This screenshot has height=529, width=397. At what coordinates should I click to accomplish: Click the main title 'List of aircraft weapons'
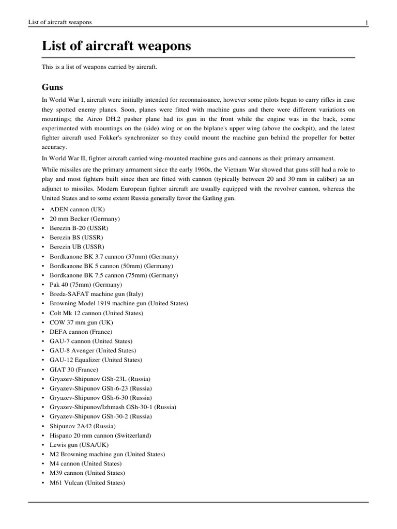click(x=116, y=46)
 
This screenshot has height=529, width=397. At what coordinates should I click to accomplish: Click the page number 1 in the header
click(x=367, y=22)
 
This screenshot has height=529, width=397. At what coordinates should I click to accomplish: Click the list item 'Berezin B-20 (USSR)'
click(x=79, y=228)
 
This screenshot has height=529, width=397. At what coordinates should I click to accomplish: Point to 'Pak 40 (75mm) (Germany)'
click(x=86, y=285)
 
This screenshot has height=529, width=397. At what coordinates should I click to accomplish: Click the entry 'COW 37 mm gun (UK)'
click(x=81, y=322)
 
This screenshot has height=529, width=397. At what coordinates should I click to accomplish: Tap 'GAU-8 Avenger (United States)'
click(x=93, y=350)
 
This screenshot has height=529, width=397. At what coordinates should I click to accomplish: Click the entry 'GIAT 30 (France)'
click(x=74, y=369)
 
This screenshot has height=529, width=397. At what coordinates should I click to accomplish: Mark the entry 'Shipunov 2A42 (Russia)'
click(x=83, y=426)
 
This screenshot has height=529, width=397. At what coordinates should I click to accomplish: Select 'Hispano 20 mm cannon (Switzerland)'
click(x=100, y=435)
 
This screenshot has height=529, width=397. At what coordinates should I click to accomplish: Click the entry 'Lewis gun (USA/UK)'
click(x=79, y=445)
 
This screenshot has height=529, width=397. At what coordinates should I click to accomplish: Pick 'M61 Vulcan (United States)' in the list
click(x=87, y=483)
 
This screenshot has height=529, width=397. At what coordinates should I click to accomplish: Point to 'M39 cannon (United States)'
click(x=87, y=473)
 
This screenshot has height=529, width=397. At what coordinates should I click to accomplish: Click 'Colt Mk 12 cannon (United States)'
click(x=97, y=313)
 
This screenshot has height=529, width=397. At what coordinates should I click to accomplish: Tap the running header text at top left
click(x=56, y=22)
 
